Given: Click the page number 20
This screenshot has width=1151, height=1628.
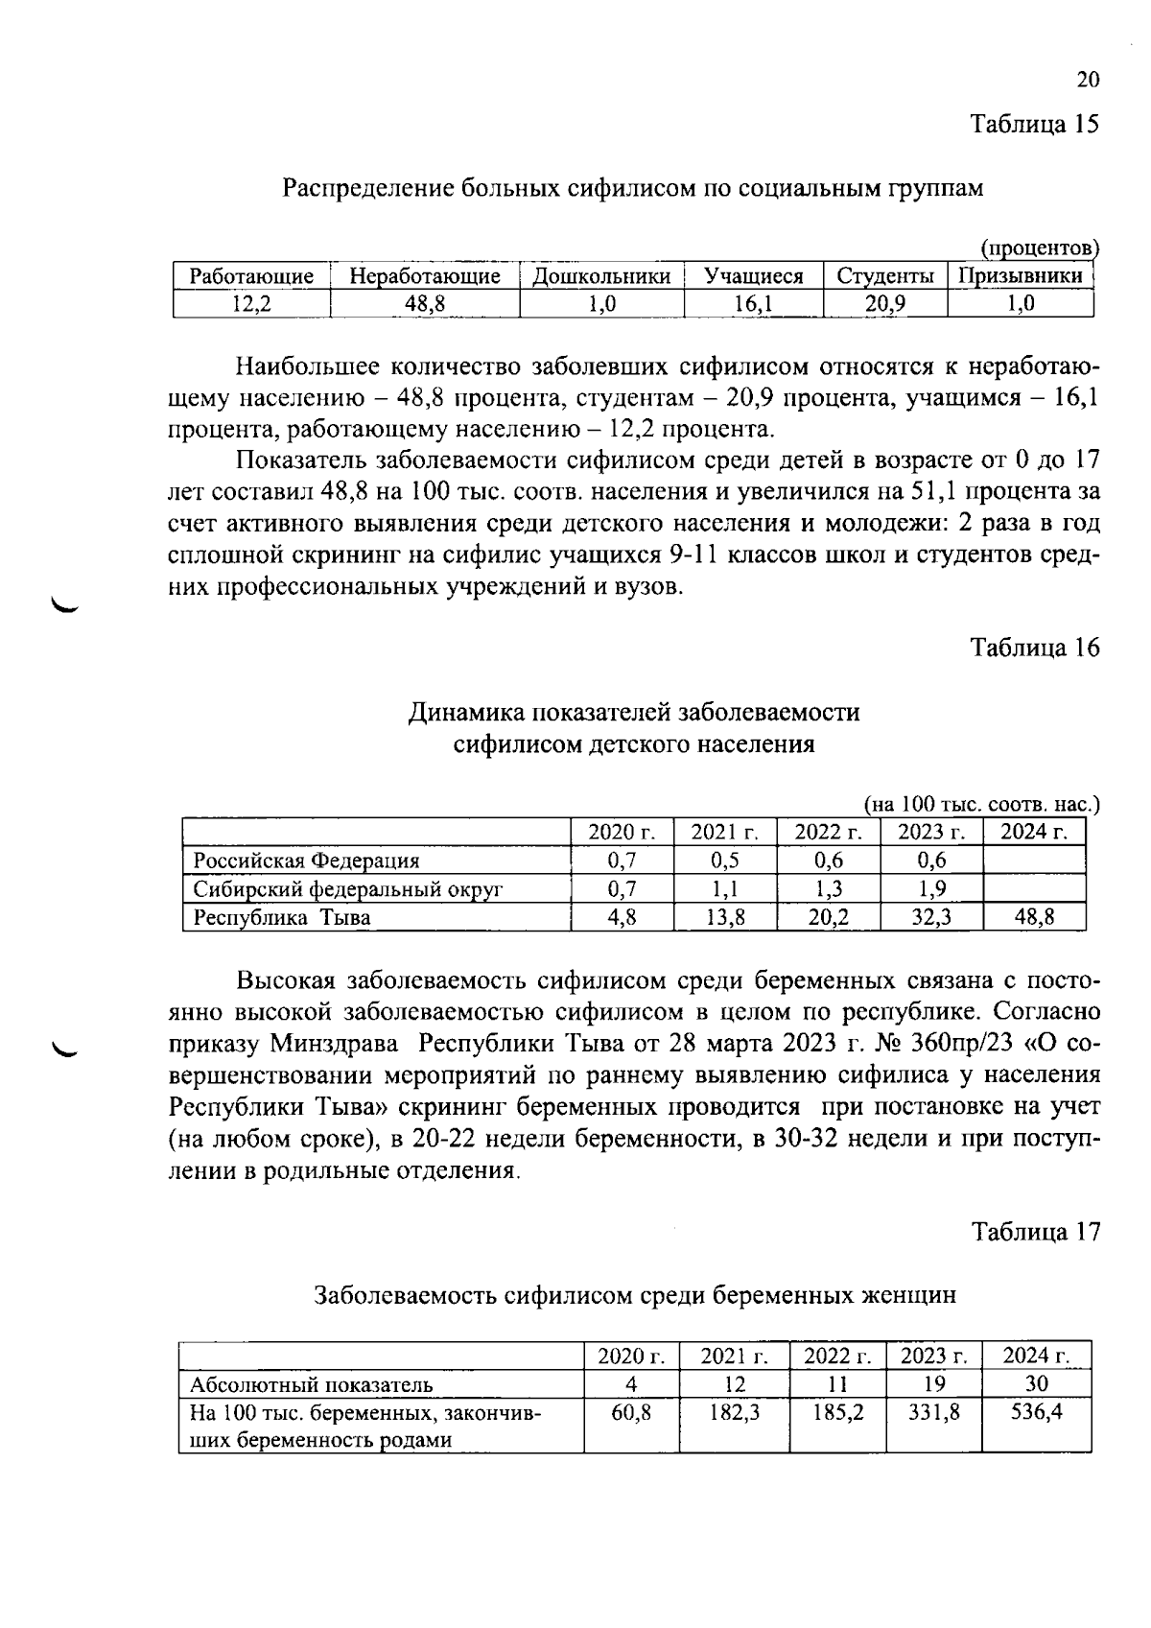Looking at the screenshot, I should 1088,80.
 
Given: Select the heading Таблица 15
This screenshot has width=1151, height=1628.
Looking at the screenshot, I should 1035,124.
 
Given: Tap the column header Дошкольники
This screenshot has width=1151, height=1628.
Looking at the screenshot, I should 601,276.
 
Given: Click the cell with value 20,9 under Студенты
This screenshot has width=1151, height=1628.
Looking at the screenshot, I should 884,304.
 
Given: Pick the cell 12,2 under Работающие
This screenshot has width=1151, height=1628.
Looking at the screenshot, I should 251,304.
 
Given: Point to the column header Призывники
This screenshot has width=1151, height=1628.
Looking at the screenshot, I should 1020,276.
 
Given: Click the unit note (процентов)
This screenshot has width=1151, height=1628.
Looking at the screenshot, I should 1039,248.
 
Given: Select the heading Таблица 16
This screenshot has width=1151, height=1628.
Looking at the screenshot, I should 1035,648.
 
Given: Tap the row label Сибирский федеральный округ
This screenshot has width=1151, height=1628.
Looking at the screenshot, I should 348,888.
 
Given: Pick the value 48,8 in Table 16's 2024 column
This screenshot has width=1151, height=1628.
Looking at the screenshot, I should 1034,917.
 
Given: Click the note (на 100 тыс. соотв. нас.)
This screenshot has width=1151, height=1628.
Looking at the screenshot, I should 981,804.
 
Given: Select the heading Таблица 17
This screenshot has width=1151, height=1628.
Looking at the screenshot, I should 1035,1231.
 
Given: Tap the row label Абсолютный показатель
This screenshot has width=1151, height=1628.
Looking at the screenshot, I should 312,1384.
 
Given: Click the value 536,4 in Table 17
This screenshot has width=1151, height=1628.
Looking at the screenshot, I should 1037,1412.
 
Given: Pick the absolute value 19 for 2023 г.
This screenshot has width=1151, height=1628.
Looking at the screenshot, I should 934,1384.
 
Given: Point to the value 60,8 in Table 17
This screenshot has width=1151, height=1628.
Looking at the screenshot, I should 631,1412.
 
